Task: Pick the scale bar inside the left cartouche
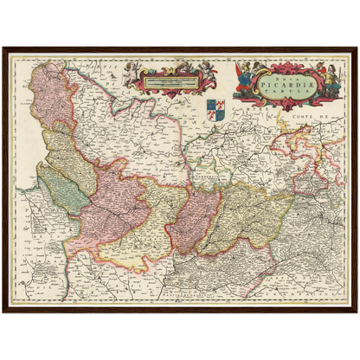168,83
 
